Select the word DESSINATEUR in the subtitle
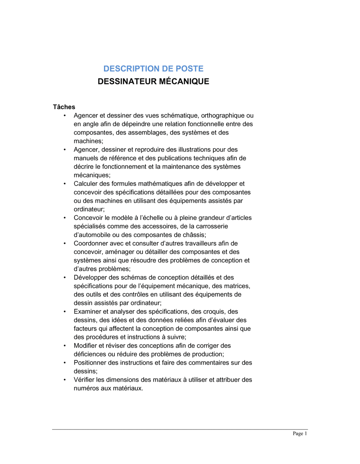point(127,82)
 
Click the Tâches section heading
point(64,107)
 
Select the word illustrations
point(197,150)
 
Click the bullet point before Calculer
point(65,184)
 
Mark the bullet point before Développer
point(65,278)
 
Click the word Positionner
point(90,363)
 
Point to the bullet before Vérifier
point(65,380)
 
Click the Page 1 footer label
point(300,434)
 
